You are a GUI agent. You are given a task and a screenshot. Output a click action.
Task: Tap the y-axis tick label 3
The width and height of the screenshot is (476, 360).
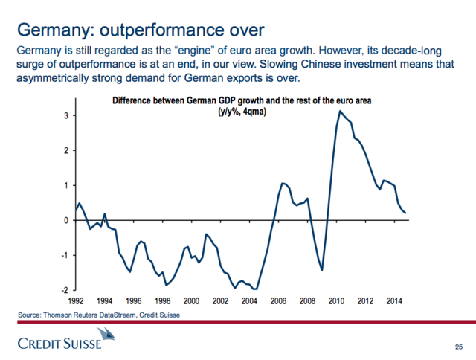tap(66, 116)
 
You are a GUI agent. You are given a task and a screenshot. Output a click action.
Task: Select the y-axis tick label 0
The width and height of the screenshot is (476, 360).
tap(66, 220)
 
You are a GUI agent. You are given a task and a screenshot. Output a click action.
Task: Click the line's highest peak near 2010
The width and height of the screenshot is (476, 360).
tap(340, 111)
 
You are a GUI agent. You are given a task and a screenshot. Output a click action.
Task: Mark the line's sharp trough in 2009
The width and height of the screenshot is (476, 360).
tap(322, 269)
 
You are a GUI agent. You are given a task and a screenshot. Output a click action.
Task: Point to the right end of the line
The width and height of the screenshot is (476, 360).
tap(405, 213)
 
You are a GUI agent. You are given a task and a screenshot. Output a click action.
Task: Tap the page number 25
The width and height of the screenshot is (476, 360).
tap(457, 347)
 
